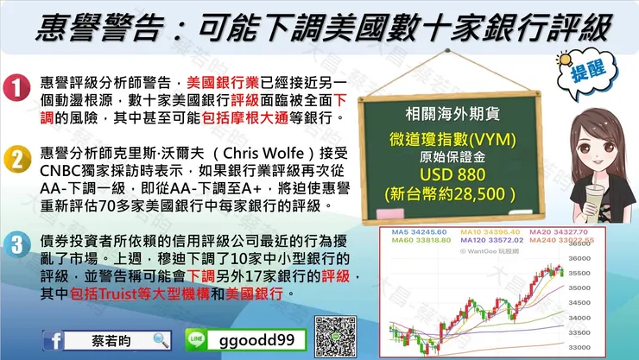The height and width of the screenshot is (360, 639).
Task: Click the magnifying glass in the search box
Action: tap(161, 340)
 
